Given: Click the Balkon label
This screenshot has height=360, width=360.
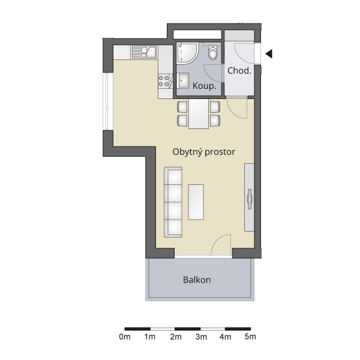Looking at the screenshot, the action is pos(197,280).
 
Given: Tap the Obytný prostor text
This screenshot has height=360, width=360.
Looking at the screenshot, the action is pos(203,152).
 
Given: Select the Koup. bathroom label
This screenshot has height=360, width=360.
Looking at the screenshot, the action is pos(205,86).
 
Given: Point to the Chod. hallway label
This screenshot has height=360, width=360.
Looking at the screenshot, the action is pos(239,70).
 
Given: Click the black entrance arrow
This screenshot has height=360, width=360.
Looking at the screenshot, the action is pos(269,54).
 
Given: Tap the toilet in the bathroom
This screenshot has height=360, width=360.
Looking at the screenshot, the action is pos(213,53).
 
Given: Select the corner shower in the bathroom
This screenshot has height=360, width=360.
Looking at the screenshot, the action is pos(188,53).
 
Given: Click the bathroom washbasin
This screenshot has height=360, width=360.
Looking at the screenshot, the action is pos(184,80).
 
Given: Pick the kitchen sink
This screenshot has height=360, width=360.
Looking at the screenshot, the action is pos(144,52).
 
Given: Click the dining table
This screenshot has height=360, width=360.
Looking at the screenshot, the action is pos(199,114).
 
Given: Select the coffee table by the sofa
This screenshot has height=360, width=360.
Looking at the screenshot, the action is pos(196,202).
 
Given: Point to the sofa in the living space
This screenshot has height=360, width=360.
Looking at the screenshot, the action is pos(173,202).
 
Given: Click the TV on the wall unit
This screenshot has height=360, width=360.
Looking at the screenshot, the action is pos(250,199).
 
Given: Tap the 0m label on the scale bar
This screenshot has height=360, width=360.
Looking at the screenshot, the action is pos(125,337).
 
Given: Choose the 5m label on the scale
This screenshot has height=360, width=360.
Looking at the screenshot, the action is pos(250,337).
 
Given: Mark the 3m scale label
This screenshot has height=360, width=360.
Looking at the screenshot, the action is pos(201,337).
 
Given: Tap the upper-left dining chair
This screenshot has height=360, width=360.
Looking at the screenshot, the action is pos(182,107).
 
